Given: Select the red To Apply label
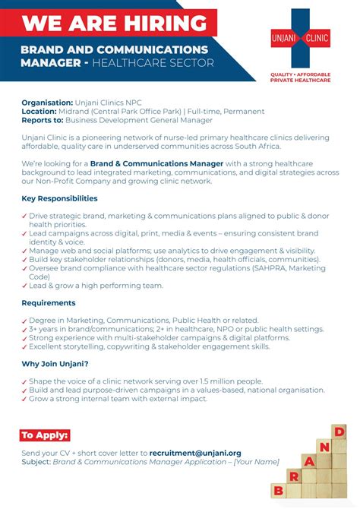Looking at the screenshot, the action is [45, 435].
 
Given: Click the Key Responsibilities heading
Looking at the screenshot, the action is [59, 198].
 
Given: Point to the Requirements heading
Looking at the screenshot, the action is [48, 302].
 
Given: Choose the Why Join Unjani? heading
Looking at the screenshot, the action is [55, 364].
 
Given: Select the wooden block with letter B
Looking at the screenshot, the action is [279, 490].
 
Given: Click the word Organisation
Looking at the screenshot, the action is [46, 102].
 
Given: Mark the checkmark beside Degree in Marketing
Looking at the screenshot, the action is [24, 321].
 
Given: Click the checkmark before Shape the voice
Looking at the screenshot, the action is [24, 382].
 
